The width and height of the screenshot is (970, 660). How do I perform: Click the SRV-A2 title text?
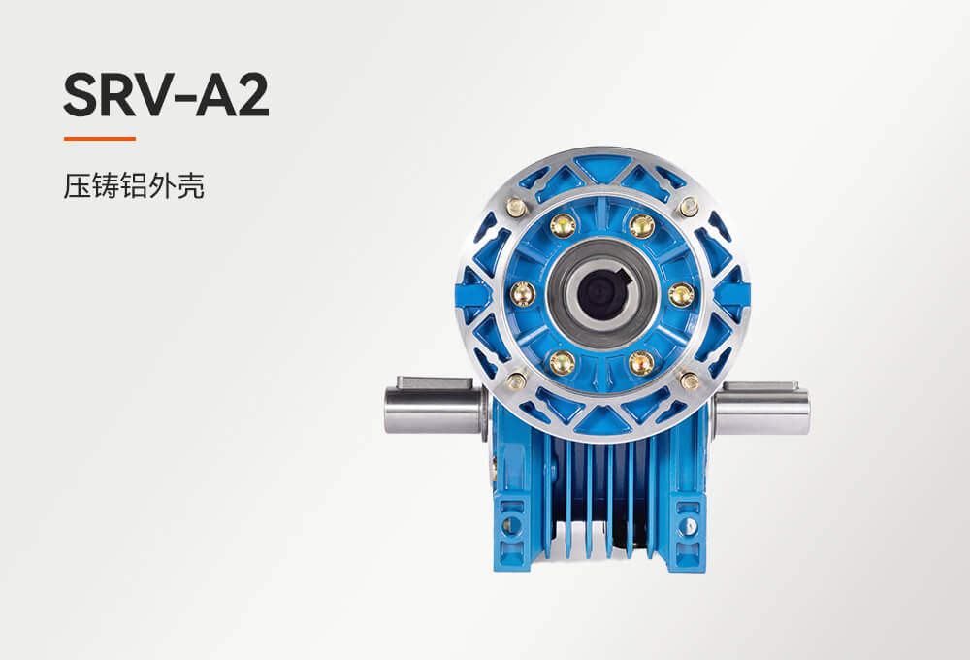(166, 96)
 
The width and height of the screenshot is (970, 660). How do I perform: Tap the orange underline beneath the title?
(100, 139)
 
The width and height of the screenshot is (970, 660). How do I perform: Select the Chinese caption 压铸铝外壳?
(134, 185)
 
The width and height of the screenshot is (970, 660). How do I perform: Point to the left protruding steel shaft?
(433, 410)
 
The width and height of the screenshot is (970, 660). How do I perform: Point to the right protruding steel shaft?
(763, 409)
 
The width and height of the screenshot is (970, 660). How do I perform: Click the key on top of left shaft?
(435, 382)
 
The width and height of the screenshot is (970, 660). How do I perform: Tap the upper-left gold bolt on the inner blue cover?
(563, 224)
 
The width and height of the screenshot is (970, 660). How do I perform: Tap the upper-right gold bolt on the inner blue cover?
(642, 225)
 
